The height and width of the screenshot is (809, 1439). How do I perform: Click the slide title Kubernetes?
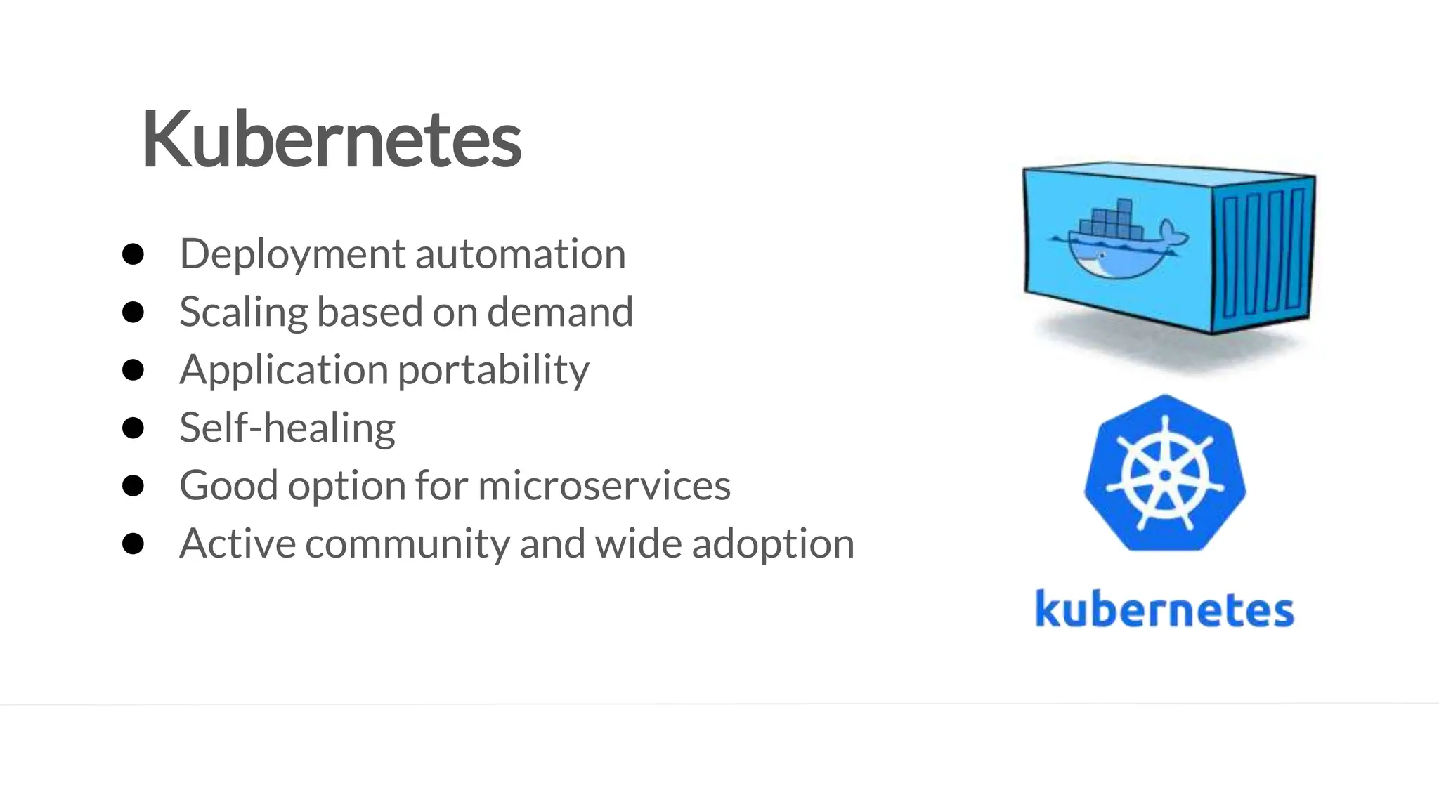(332, 140)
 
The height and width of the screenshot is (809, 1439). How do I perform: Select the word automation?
(520, 254)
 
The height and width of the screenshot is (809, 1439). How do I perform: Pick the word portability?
(493, 370)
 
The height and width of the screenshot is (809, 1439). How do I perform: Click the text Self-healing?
(287, 428)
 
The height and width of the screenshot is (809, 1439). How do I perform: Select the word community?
(407, 544)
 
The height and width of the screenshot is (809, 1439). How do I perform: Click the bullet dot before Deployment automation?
(133, 254)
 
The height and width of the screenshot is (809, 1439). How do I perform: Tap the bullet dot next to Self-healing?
(133, 428)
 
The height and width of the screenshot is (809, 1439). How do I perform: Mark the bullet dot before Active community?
(133, 544)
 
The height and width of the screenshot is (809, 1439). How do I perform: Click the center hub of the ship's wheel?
(1165, 475)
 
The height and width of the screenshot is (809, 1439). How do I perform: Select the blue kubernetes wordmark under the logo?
(1164, 609)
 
